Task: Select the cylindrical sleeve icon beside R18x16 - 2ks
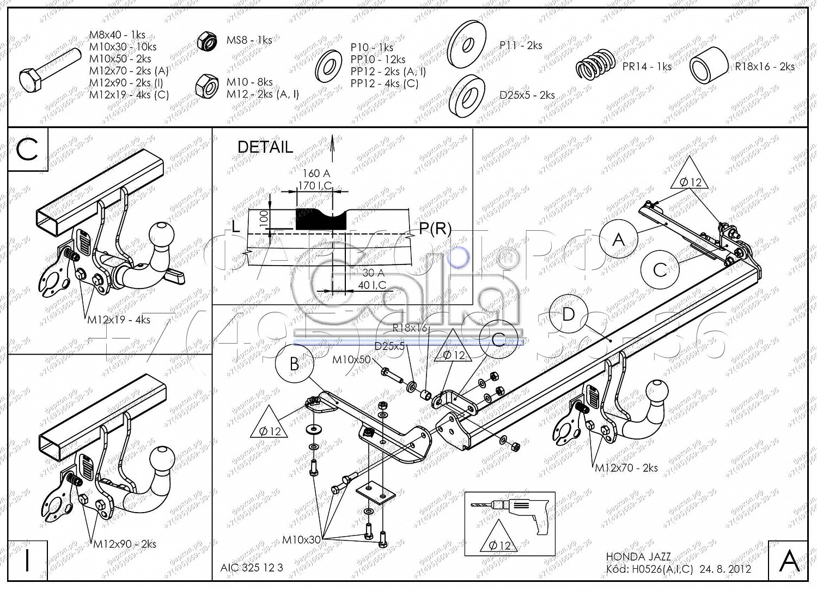click(709, 66)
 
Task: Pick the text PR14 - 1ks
click(647, 67)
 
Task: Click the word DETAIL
click(265, 147)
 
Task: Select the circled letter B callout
click(295, 364)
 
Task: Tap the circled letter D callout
click(569, 314)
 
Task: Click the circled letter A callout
click(618, 239)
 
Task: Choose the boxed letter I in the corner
click(27, 560)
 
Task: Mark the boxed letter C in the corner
click(27, 149)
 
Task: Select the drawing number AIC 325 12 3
click(252, 567)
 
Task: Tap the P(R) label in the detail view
click(435, 229)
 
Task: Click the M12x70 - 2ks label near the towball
click(626, 467)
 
